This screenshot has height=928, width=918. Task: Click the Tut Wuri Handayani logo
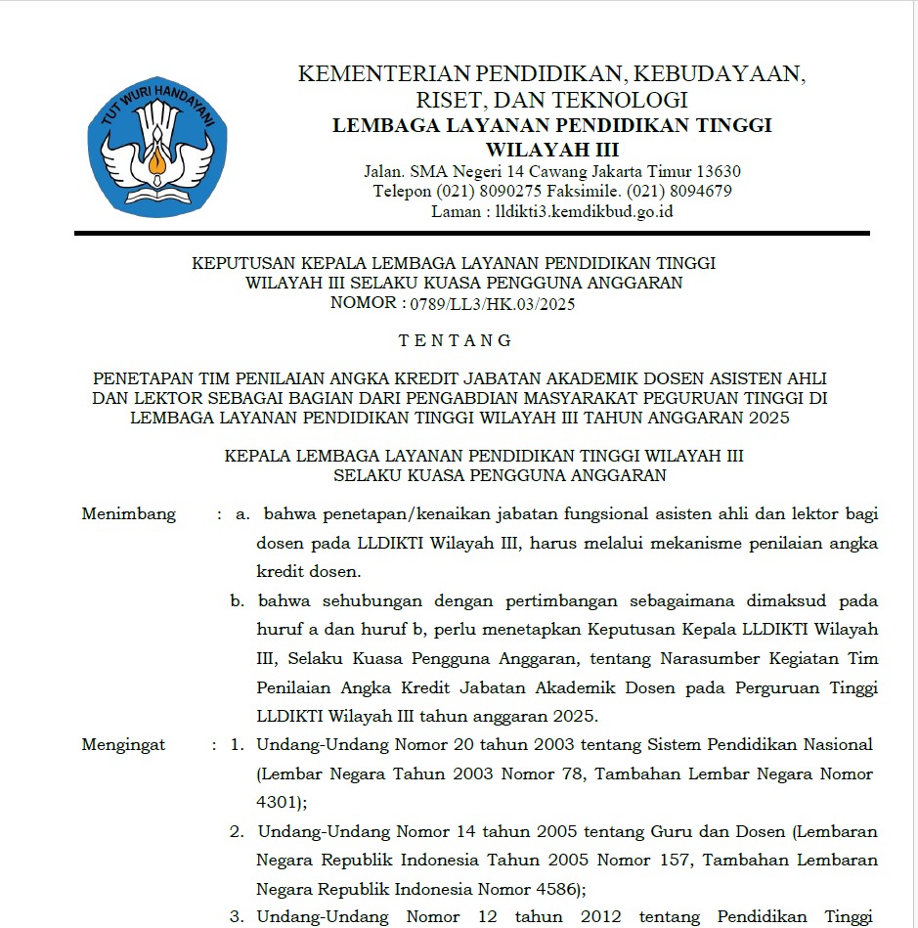pyautogui.click(x=156, y=147)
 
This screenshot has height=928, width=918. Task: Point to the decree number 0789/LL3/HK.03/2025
pyautogui.click(x=493, y=303)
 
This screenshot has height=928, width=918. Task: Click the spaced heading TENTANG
pyautogui.click(x=456, y=341)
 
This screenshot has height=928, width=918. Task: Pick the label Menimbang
pyautogui.click(x=129, y=514)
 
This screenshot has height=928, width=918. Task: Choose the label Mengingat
pyautogui.click(x=124, y=745)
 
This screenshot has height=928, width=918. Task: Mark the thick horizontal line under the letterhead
pyautogui.click(x=471, y=233)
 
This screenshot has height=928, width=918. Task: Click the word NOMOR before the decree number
pyautogui.click(x=362, y=303)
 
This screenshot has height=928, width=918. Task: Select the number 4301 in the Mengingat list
pyautogui.click(x=278, y=803)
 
